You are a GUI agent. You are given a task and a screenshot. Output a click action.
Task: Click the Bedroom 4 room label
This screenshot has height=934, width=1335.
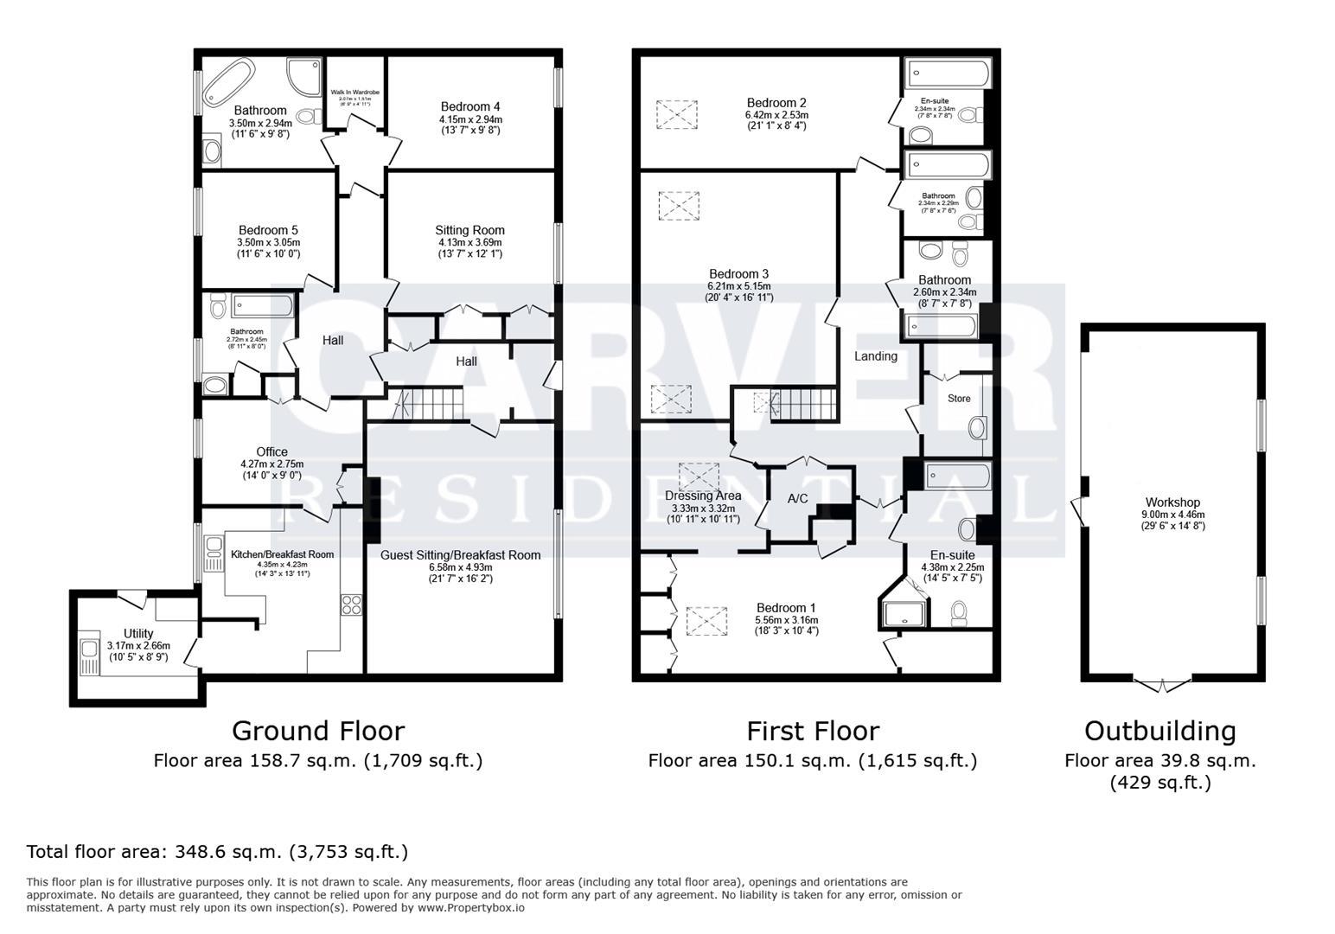(x=470, y=107)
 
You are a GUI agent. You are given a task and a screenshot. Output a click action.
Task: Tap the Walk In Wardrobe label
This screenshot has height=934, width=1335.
(x=355, y=92)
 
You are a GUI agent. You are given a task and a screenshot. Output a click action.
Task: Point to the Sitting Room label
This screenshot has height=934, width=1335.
(x=469, y=230)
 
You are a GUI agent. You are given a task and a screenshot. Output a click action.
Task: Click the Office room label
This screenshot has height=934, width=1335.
(x=271, y=451)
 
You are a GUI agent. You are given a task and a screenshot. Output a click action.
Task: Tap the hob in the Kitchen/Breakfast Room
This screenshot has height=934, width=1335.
(x=351, y=604)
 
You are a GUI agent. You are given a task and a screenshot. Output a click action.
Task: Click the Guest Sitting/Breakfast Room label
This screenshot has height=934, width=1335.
(x=460, y=555)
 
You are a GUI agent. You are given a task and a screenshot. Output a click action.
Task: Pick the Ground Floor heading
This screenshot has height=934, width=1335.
(x=317, y=731)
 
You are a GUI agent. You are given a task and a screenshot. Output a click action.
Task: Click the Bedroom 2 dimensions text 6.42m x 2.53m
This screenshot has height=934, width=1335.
(x=776, y=114)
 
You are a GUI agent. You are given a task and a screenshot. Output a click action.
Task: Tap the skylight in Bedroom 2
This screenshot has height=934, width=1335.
(x=676, y=114)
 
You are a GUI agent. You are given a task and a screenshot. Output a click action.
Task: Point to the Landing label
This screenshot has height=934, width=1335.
(x=876, y=355)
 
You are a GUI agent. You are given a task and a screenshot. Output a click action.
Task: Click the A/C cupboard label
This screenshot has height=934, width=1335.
(x=797, y=498)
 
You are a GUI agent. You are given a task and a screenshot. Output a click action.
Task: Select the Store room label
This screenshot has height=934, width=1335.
(x=959, y=399)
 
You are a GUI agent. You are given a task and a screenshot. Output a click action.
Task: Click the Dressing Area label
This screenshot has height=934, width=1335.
(x=703, y=496)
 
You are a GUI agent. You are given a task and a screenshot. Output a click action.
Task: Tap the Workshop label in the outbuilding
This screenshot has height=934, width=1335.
(x=1172, y=502)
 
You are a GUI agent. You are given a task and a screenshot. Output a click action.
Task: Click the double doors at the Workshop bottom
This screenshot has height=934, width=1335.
(x=1161, y=685)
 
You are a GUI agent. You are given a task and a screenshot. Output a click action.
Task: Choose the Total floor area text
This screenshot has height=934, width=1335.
(x=217, y=852)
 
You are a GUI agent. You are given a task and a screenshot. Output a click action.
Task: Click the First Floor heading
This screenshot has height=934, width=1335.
(x=813, y=731)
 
